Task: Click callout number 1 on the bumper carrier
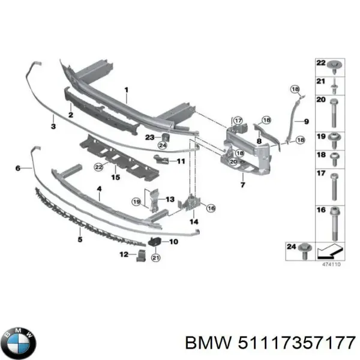click(127, 91)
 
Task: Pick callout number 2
click(70, 115)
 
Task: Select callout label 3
click(53, 127)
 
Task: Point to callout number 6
click(18, 169)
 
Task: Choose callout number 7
click(243, 185)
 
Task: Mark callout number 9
click(305, 121)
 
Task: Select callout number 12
click(124, 254)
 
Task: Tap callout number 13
click(170, 199)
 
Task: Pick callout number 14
click(194, 222)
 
